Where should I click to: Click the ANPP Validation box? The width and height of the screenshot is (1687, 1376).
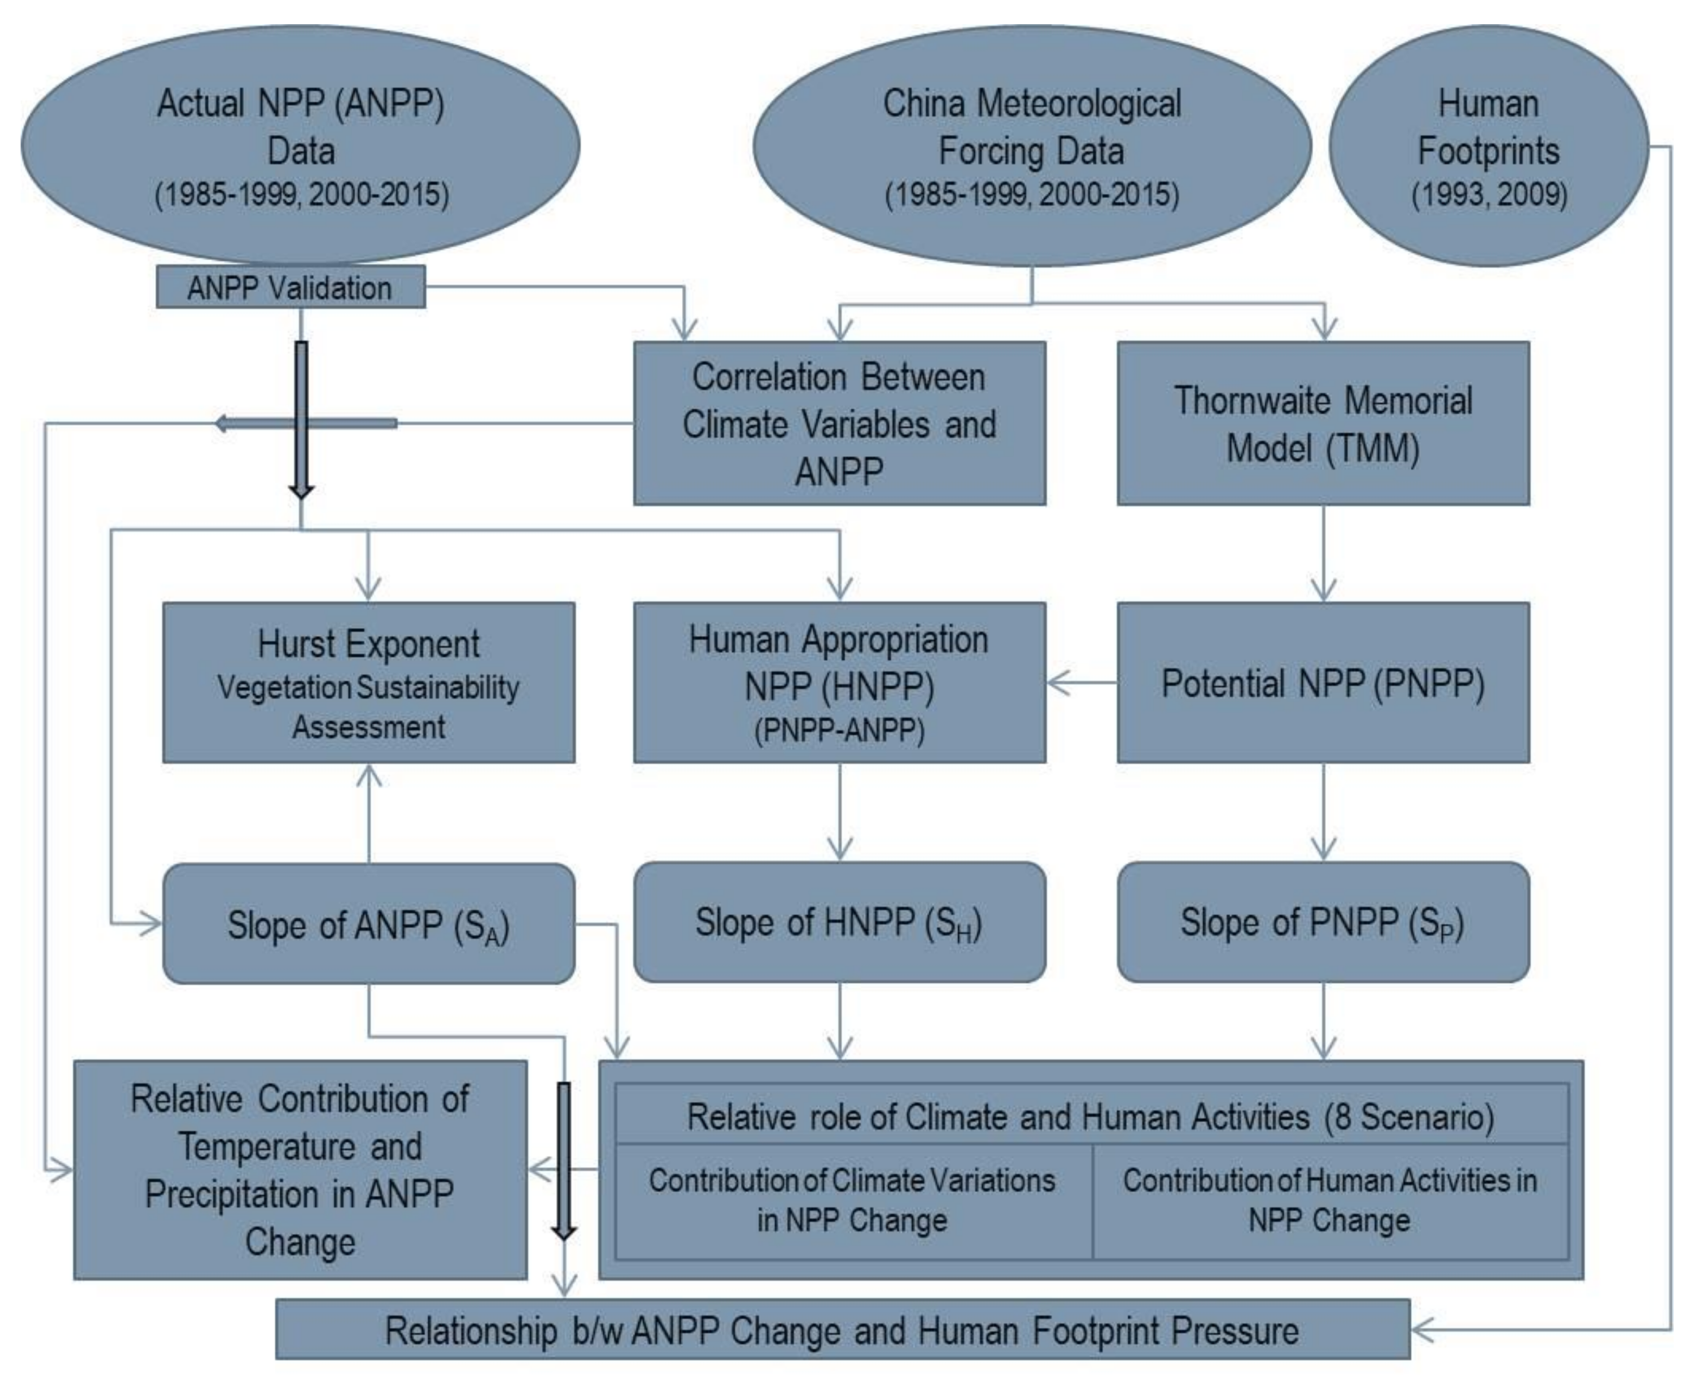pos(290,287)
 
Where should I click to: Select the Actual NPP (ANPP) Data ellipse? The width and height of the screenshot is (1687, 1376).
pos(301,147)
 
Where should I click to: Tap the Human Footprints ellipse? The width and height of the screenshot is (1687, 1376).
pos(1488,147)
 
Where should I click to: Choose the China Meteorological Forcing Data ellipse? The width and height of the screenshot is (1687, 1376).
pos(1031,147)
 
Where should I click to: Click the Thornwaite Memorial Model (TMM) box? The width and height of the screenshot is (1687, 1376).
pos(1322,423)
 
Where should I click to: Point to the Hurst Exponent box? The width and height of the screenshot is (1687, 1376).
pos(369,683)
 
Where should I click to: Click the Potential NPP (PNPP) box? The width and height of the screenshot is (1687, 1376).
pos(1322,683)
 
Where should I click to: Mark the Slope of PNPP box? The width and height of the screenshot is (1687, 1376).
pos(1322,922)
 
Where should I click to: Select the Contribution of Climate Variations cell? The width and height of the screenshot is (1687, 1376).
pos(852,1201)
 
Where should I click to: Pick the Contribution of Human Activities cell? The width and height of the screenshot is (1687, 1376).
pos(1329,1201)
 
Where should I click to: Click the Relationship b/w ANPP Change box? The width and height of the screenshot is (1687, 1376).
pos(842,1329)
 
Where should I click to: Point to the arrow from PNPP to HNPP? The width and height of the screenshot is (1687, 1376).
pos(1082,683)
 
